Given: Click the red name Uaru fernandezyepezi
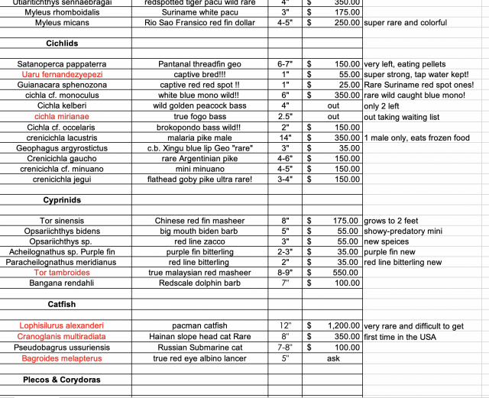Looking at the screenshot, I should point(65,74).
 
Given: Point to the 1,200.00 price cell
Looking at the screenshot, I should point(344,325).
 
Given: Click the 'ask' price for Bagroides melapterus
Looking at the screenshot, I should point(333,358).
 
